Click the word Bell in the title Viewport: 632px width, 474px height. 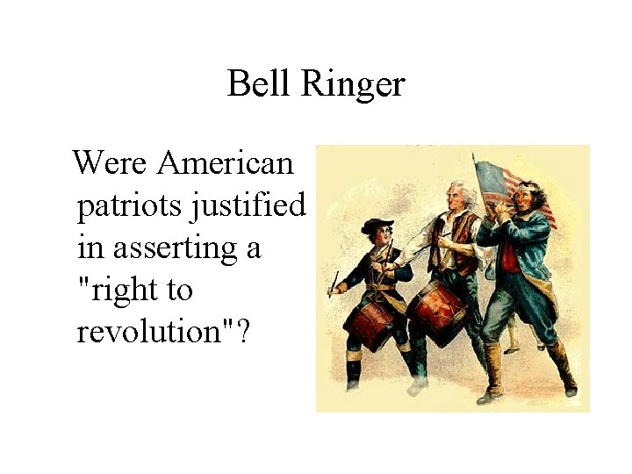click(x=257, y=84)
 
